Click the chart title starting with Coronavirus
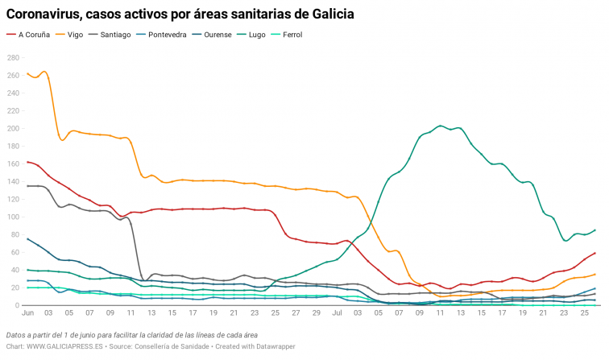coord(180,14)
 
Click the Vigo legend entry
coord(75,35)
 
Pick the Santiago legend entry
coord(115,35)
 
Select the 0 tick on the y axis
coord(16,306)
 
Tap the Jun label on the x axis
coord(27,312)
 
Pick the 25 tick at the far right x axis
coord(585,312)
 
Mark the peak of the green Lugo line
coord(440,126)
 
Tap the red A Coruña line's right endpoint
coord(594,253)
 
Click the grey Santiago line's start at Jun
coord(27,186)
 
